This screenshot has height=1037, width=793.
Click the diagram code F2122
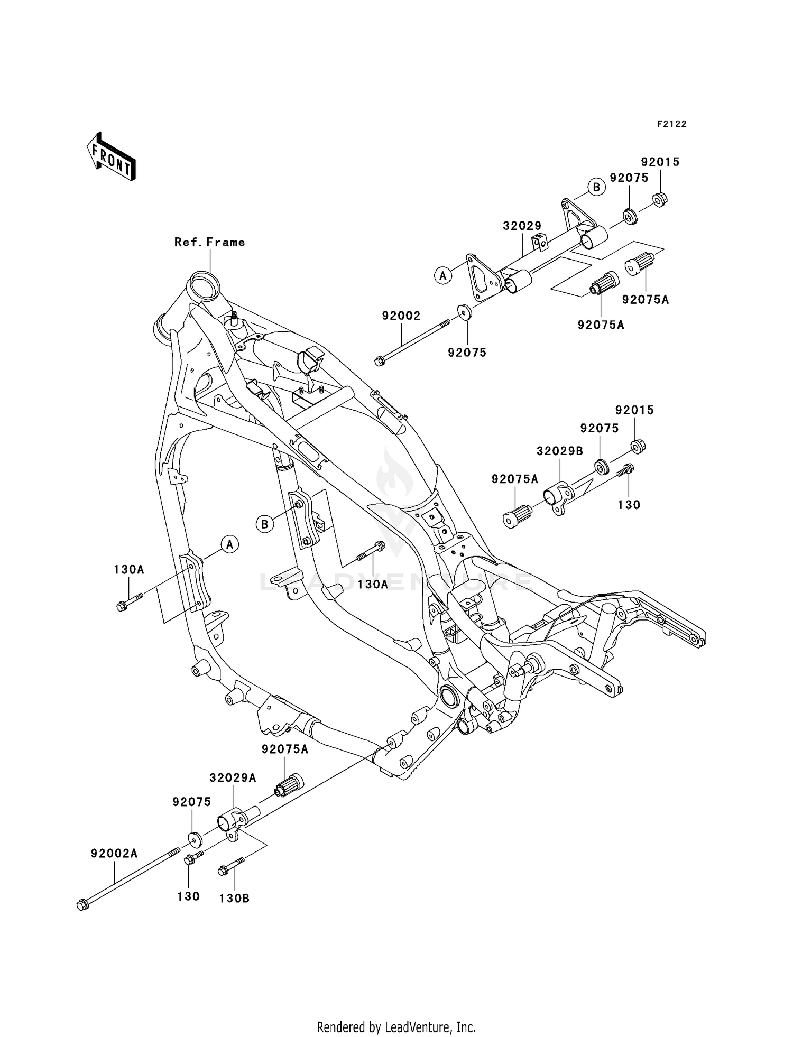(671, 124)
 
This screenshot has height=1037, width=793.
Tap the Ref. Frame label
(210, 242)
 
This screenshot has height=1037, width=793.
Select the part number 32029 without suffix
(522, 226)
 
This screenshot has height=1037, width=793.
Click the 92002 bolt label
(401, 316)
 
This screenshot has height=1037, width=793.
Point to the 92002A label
(114, 853)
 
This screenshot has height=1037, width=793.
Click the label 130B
(234, 899)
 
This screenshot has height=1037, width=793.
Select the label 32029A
(233, 778)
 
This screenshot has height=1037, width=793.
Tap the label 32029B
(560, 451)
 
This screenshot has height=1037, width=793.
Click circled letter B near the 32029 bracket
(596, 187)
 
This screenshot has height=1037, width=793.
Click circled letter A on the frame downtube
(230, 544)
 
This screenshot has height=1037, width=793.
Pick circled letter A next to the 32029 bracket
(443, 275)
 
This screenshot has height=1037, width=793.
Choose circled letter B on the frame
(265, 524)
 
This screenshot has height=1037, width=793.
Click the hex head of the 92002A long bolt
(82, 905)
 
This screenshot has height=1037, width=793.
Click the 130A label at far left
(129, 570)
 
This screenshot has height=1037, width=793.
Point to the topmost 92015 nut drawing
(660, 200)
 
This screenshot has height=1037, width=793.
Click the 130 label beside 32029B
(629, 505)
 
